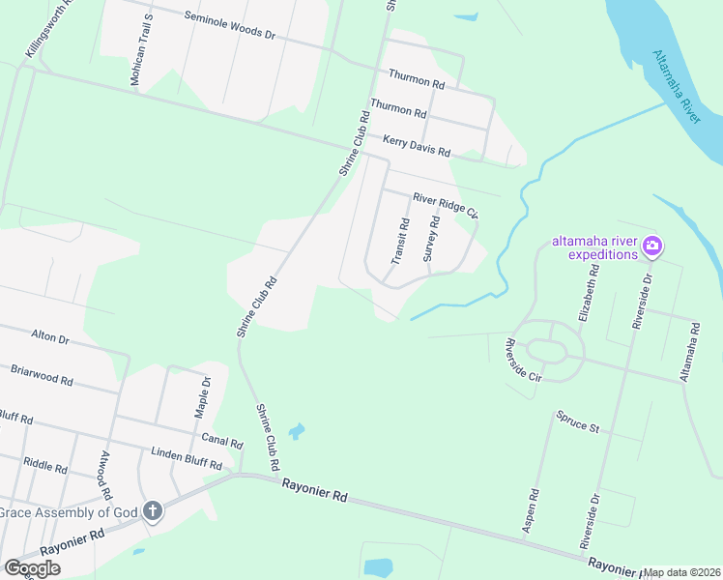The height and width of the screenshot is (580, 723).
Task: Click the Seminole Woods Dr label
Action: [229, 26]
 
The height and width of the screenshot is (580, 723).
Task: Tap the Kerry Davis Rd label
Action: [417, 146]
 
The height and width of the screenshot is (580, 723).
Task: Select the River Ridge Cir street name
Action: [446, 204]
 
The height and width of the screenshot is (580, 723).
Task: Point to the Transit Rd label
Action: [400, 241]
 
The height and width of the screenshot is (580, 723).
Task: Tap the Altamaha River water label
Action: [676, 87]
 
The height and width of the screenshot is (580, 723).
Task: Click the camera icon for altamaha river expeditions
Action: [652, 247]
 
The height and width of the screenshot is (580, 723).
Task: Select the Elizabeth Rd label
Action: [590, 288]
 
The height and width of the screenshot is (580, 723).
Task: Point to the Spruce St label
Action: [577, 421]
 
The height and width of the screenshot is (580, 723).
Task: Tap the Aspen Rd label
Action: [530, 508]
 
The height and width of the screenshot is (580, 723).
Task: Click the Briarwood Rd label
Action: [42, 374]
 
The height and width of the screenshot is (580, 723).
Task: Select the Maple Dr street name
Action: [204, 396]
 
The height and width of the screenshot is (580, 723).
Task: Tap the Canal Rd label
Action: [222, 442]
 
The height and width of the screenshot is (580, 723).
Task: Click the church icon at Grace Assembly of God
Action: [153, 510]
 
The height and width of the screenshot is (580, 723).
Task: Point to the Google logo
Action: [32, 568]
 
